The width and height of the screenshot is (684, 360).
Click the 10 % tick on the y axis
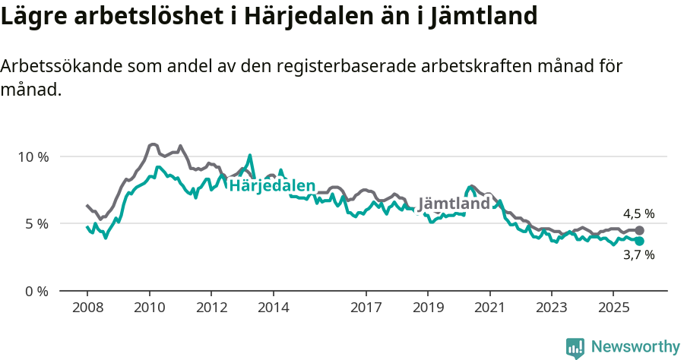[x=33, y=157]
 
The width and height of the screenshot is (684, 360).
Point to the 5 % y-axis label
[x=36, y=224]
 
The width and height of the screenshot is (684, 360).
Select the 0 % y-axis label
[x=36, y=291]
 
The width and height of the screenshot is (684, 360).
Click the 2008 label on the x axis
[x=87, y=309]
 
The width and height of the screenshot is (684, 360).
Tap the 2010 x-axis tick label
[x=149, y=309]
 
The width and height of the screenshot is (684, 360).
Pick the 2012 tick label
[x=211, y=309]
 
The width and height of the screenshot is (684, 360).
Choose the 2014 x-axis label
[x=273, y=309]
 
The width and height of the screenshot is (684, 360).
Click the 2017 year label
[x=366, y=309]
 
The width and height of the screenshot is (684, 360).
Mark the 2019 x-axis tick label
[x=428, y=309]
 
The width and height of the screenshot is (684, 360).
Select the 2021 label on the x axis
[x=489, y=309]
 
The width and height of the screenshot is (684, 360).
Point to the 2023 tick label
[x=551, y=309]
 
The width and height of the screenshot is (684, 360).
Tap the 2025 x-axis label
[x=613, y=309]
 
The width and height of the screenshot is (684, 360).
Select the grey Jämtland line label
[x=454, y=204]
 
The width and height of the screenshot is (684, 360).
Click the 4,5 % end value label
[x=638, y=214]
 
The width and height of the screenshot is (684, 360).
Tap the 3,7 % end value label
[x=638, y=255]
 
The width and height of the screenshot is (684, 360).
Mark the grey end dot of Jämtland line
[x=639, y=230]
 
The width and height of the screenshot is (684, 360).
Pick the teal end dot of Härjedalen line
[x=639, y=241]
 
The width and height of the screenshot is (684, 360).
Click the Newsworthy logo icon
[x=575, y=348]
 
